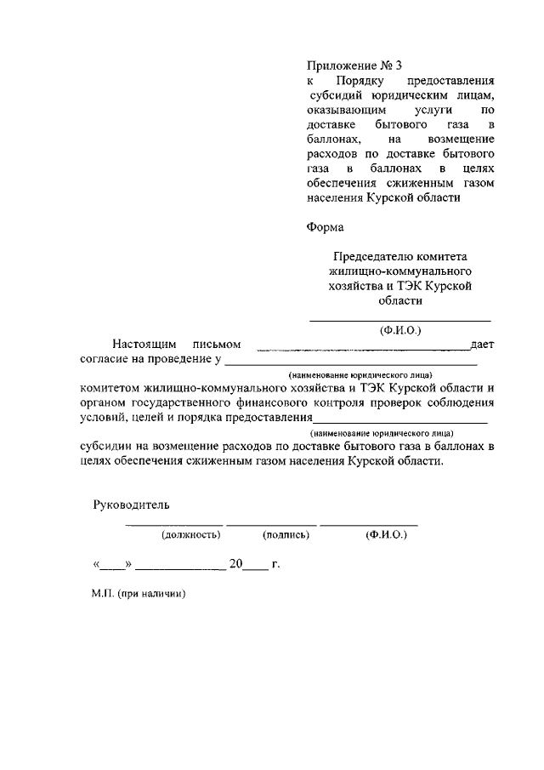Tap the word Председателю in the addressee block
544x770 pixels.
pos(370,256)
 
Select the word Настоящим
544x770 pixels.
pos(144,345)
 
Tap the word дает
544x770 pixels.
pos(481,345)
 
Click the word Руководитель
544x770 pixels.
pos(131,505)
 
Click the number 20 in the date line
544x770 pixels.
pos(235,563)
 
